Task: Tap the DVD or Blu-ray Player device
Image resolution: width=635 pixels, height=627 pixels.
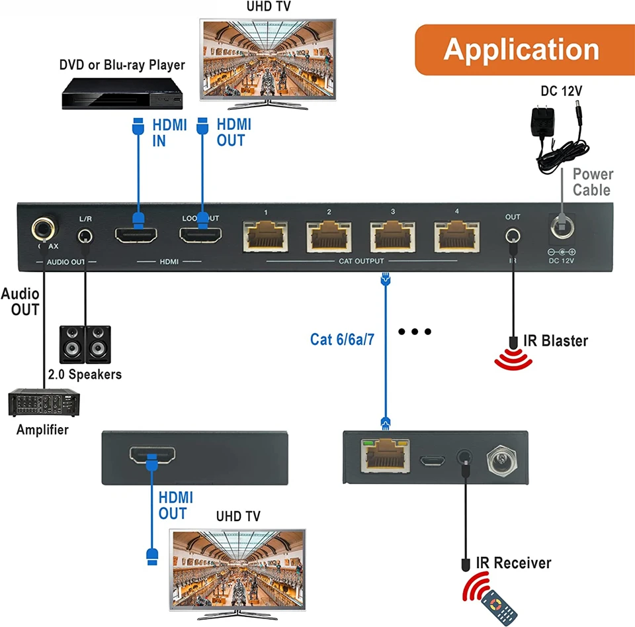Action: point(123,93)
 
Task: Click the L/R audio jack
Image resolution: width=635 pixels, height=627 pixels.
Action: point(85,235)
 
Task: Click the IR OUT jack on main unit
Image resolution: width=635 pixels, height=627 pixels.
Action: point(512,236)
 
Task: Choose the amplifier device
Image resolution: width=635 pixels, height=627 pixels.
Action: point(44,403)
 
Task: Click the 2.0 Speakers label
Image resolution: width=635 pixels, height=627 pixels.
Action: point(85,375)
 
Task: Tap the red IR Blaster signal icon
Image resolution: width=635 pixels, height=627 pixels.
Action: point(513,358)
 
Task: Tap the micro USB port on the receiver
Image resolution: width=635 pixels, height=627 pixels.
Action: point(433,458)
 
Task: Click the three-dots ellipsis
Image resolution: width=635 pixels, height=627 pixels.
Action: point(415,331)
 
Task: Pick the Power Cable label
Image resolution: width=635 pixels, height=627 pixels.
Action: point(593,182)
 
